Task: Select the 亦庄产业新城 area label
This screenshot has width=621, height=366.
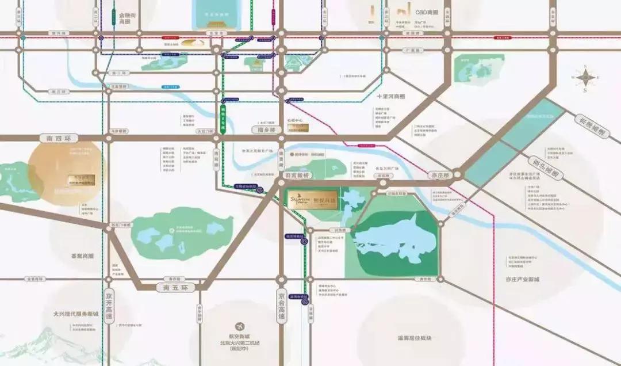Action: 522,280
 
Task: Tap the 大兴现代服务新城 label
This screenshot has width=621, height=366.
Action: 76,315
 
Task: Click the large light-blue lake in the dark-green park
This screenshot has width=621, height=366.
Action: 391,242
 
